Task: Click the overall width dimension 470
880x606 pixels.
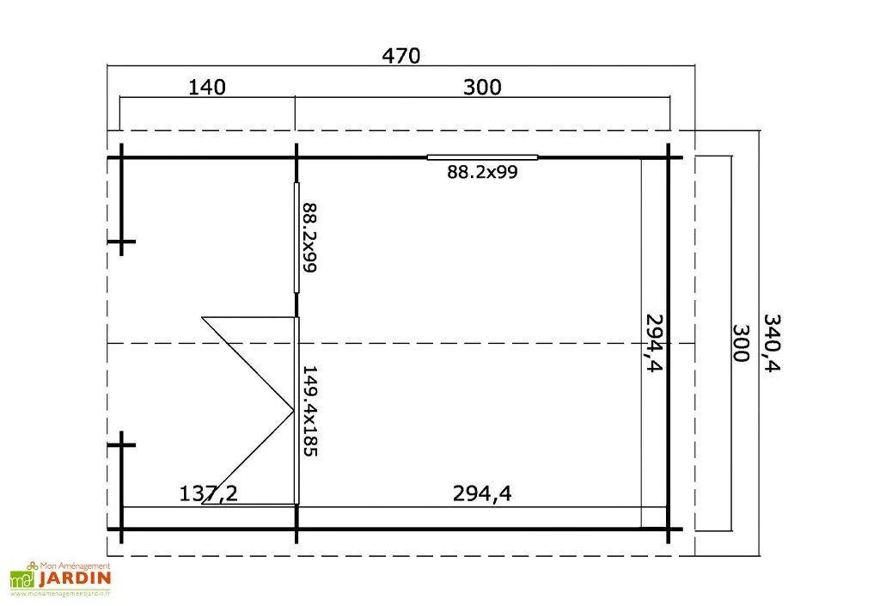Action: [x=401, y=56]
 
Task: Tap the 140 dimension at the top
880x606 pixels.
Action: [x=206, y=87]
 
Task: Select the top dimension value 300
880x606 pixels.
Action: [x=481, y=87]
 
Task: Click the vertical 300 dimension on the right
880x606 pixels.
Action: [x=739, y=342]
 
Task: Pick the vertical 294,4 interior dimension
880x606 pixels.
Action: [x=656, y=343]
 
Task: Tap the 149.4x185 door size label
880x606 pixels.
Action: [x=309, y=411]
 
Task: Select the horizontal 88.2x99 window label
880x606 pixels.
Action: [x=481, y=172]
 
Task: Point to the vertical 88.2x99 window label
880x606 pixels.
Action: [x=309, y=237]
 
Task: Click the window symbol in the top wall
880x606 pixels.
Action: [x=482, y=157]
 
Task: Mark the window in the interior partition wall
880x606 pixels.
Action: [x=296, y=237]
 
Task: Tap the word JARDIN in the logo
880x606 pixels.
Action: [x=75, y=578]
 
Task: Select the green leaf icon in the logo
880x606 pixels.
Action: [x=21, y=580]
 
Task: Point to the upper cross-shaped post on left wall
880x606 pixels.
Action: [x=121, y=244]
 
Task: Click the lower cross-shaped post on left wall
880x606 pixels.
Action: [x=121, y=444]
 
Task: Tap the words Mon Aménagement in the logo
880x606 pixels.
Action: [x=76, y=566]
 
